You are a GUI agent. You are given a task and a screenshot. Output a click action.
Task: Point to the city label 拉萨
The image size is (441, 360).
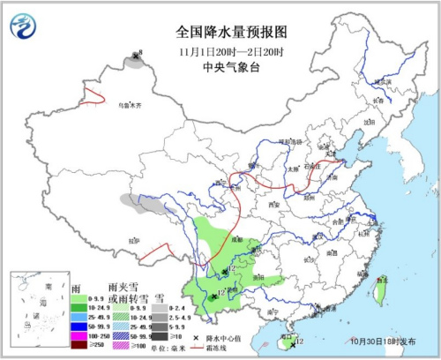click(133, 239)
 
